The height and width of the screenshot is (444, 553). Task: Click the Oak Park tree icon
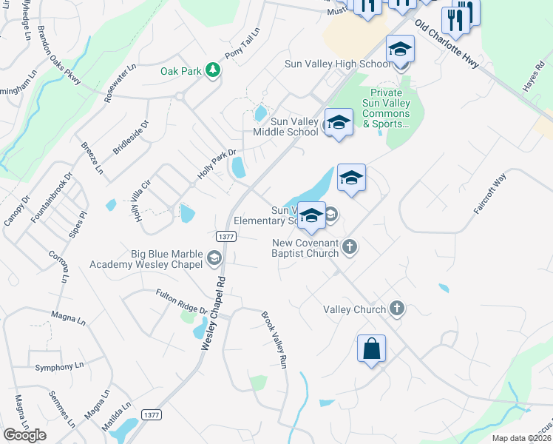pos(213,70)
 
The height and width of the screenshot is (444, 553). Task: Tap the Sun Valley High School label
pos(338,64)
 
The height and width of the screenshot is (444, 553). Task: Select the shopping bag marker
pos(371,348)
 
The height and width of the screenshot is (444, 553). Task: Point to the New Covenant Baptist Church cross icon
pos(350,247)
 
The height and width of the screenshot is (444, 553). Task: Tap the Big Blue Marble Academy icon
pos(214,258)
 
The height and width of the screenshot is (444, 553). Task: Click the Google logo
pos(25,435)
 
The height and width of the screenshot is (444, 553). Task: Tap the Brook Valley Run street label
pos(273,340)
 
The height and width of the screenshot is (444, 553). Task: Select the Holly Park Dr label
pos(217,165)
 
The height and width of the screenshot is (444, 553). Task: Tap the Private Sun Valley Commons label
pos(386,108)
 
